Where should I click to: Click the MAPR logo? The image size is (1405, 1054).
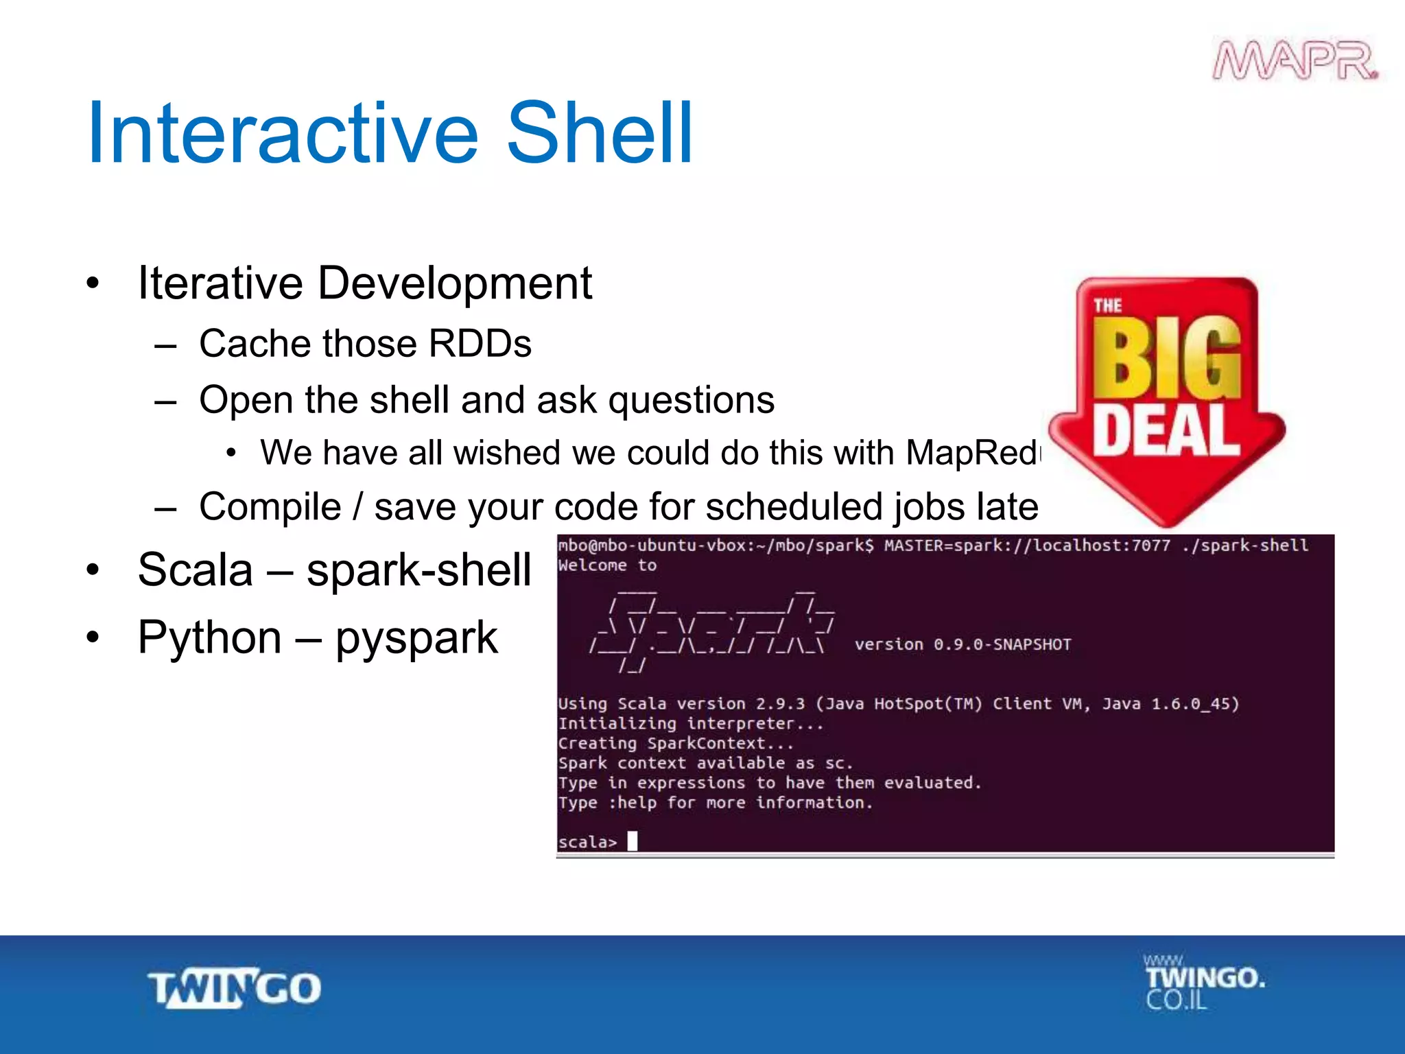pyautogui.click(x=1295, y=61)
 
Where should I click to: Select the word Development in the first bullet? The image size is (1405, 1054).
pyautogui.click(x=454, y=283)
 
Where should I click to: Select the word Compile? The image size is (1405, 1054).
pyautogui.click(x=270, y=507)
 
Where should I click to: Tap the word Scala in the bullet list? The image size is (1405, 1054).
pyautogui.click(x=195, y=570)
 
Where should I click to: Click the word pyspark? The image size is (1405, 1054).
pyautogui.click(x=416, y=638)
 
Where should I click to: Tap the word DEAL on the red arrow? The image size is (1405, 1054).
pyautogui.click(x=1166, y=430)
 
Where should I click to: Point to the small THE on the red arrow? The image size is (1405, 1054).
pyautogui.click(x=1107, y=306)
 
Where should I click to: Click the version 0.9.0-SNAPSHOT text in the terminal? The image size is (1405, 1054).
pyautogui.click(x=963, y=644)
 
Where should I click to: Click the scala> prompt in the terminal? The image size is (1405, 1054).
pyautogui.click(x=587, y=842)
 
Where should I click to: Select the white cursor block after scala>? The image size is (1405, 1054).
pyautogui.click(x=633, y=841)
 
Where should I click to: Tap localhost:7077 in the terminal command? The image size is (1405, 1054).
pyautogui.click(x=1102, y=546)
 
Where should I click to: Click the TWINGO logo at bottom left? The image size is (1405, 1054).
pyautogui.click(x=235, y=989)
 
